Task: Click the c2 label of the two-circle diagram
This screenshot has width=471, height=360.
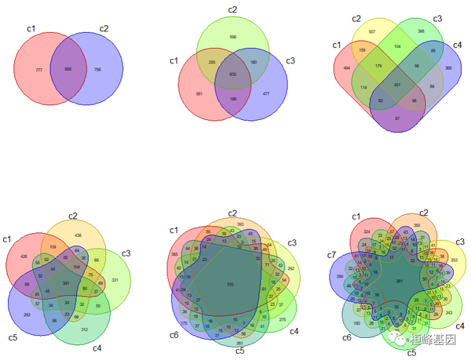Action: [104, 29]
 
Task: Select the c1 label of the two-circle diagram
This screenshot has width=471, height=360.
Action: [31, 29]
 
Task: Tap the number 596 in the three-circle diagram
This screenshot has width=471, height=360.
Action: [232, 36]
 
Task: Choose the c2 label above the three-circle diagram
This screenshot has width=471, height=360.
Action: [232, 9]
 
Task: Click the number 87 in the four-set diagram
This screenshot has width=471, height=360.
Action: [397, 118]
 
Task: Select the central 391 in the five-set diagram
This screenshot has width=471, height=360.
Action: [66, 282]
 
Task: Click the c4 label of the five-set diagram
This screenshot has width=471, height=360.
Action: [97, 347]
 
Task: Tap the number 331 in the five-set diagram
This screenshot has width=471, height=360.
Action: [115, 280]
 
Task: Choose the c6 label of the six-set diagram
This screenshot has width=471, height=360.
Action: [174, 335]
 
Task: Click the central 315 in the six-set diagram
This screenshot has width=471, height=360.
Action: [230, 283]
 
